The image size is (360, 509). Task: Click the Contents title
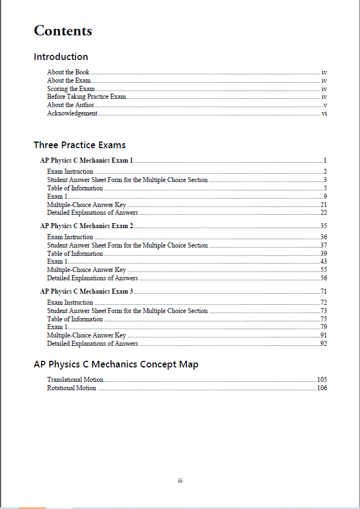[x=63, y=31]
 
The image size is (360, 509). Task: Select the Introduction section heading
[x=60, y=57]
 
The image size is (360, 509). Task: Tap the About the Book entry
[x=68, y=72]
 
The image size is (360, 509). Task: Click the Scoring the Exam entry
[x=71, y=89]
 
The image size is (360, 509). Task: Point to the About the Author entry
[x=70, y=105]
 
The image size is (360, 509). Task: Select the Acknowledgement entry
[x=72, y=113]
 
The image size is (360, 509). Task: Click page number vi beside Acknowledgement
[x=324, y=113]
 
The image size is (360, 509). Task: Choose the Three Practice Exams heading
[x=79, y=145]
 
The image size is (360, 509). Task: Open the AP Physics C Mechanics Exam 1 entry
[x=87, y=160]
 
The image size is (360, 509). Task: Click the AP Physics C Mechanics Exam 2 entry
[x=87, y=226]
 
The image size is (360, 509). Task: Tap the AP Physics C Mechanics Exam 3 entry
[x=87, y=291]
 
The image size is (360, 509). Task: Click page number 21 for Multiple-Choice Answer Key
[x=323, y=205]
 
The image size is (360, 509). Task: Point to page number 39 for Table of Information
[x=323, y=254]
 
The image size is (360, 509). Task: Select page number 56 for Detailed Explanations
[x=323, y=278]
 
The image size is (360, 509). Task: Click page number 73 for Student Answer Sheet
[x=323, y=311]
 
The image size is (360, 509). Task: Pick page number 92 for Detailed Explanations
[x=323, y=344]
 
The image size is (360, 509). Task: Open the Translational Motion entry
[x=75, y=380]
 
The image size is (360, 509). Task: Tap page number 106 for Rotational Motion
[x=322, y=388]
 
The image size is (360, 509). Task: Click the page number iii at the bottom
[x=180, y=481]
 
